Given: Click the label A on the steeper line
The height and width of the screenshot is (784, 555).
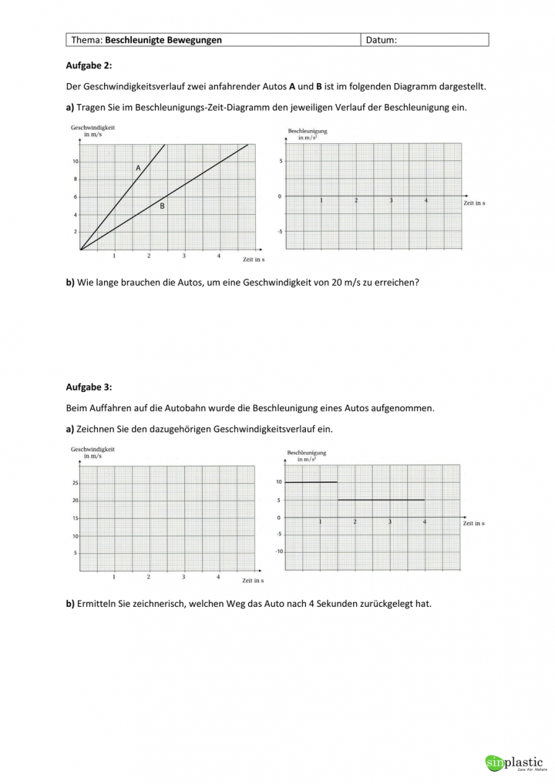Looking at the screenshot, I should (x=138, y=168).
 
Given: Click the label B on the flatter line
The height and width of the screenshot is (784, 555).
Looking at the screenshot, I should (x=162, y=206).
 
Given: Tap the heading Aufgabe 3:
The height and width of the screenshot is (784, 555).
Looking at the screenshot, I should (x=89, y=387).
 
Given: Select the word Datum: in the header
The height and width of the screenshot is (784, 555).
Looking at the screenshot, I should (x=382, y=40).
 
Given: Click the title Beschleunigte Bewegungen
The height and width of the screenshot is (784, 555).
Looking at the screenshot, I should (x=163, y=40).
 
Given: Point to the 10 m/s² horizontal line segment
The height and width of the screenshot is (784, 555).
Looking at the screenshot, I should (x=311, y=482).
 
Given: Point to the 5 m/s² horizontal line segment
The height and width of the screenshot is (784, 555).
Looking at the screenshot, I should (x=381, y=500).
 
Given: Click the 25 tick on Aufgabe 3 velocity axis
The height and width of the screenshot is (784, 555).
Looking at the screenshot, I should (x=74, y=484).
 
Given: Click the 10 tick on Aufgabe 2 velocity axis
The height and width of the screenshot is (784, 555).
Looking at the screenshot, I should (x=75, y=162).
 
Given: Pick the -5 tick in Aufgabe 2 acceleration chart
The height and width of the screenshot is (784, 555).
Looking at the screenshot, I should (x=280, y=231).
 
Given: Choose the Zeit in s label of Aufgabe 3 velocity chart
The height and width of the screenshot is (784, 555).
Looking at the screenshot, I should (x=253, y=580).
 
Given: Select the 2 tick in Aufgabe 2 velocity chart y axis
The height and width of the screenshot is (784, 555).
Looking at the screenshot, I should (x=76, y=232).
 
